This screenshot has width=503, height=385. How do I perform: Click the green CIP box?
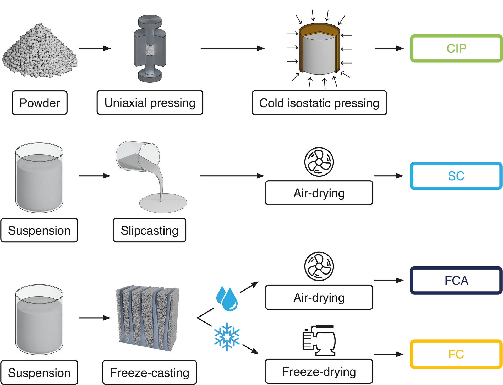pyautogui.click(x=456, y=49)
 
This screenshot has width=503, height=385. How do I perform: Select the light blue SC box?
pyautogui.click(x=456, y=176)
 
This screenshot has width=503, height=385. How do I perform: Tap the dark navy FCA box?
pyautogui.click(x=456, y=281)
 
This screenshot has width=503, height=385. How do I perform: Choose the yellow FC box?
pyautogui.click(x=456, y=354)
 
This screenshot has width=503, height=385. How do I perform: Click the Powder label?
pyautogui.click(x=40, y=103)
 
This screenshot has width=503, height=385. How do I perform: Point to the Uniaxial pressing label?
pyautogui.click(x=150, y=103)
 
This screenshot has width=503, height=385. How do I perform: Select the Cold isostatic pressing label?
pyautogui.click(x=319, y=103)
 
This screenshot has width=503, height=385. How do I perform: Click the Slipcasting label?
pyautogui.click(x=150, y=230)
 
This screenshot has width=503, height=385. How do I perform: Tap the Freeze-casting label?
pyautogui.click(x=150, y=373)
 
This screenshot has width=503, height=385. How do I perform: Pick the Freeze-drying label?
pyautogui.click(x=319, y=372)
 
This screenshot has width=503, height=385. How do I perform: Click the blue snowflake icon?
pyautogui.click(x=227, y=337)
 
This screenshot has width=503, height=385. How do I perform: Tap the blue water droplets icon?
pyautogui.click(x=227, y=299)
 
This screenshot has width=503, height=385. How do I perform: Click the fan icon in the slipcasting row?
pyautogui.click(x=319, y=162)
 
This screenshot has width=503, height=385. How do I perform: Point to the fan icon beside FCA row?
pyautogui.click(x=319, y=266)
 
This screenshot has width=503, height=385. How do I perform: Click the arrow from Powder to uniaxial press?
pyautogui.click(x=95, y=48)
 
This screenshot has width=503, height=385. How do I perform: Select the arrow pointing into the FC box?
pyautogui.click(x=389, y=354)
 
